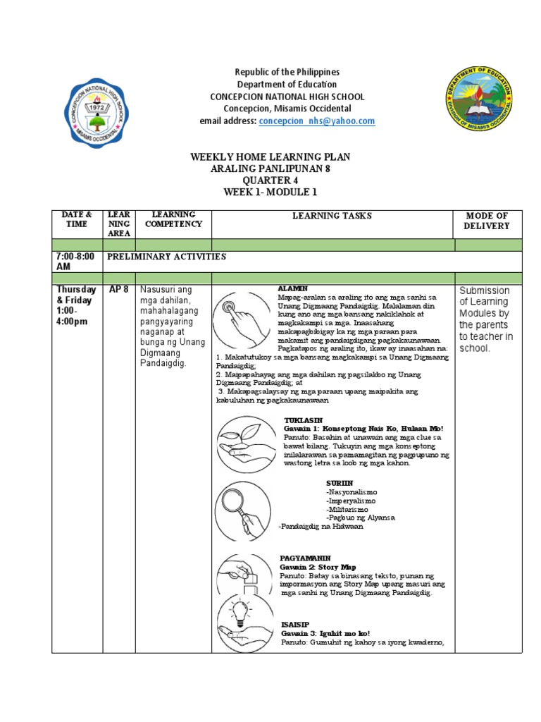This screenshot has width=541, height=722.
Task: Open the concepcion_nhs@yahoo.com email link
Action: point(316,121)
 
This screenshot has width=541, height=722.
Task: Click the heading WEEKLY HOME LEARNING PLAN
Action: point(270,157)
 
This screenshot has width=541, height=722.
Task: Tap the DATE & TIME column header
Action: point(77,219)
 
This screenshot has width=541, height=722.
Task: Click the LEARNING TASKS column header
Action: point(332,216)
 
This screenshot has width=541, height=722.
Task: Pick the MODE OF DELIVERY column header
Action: point(487,221)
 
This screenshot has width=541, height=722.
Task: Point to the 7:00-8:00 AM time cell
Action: point(76,262)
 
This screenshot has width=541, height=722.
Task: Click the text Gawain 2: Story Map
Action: point(318,567)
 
